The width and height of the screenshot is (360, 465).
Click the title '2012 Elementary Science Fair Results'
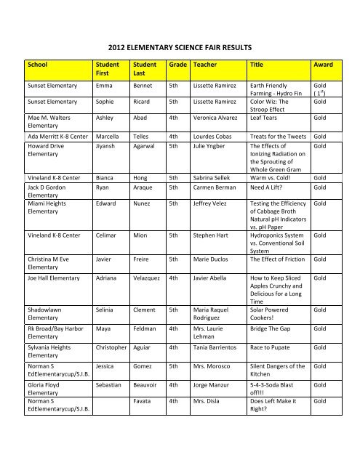(180, 47)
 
